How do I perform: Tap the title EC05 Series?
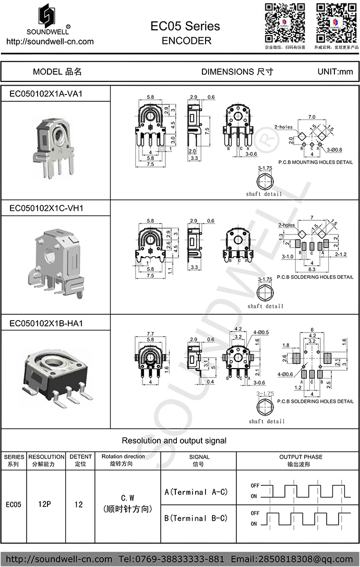pyautogui.click(x=185, y=26)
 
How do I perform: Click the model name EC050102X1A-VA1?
pyautogui.click(x=46, y=94)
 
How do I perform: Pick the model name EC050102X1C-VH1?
pyautogui.click(x=46, y=208)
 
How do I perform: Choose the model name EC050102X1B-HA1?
pyautogui.click(x=46, y=324)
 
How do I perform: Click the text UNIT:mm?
pyautogui.click(x=335, y=72)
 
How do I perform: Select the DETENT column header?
pyautogui.click(x=80, y=460)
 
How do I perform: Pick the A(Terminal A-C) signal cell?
pyautogui.click(x=196, y=492)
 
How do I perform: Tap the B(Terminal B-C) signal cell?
pyautogui.click(x=196, y=518)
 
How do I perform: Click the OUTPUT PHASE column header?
pyautogui.click(x=297, y=460)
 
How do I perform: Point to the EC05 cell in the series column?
pyautogui.click(x=14, y=505)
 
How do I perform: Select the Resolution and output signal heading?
pyautogui.click(x=174, y=441)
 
